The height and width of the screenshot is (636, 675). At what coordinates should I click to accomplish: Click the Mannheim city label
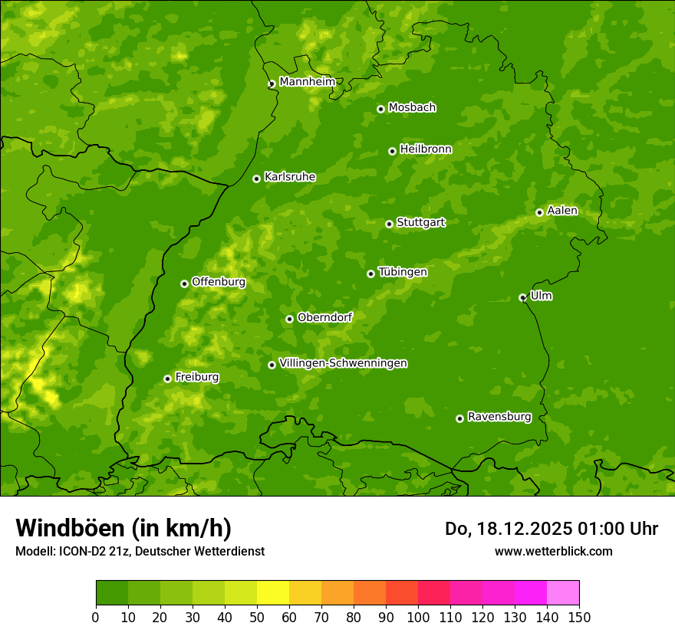[308, 82]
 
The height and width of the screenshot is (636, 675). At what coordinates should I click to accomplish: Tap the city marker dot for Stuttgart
[389, 224]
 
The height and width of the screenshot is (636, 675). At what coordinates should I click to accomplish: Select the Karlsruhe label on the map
[290, 177]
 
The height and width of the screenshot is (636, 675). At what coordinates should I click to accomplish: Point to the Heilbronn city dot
[392, 151]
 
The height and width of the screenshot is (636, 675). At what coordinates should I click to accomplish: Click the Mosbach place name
[412, 108]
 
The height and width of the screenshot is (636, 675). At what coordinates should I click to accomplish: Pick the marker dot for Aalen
[539, 212]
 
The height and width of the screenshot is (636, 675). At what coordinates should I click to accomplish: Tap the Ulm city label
[541, 296]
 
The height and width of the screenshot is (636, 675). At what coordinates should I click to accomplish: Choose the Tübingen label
[403, 272]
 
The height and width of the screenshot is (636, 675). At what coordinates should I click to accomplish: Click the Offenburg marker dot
[184, 284]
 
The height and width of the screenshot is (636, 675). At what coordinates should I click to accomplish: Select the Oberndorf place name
[324, 317]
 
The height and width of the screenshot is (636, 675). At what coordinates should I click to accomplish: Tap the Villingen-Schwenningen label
[343, 363]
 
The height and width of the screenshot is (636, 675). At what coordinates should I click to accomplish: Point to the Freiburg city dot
[167, 379]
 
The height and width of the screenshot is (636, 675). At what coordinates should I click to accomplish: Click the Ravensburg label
[499, 417]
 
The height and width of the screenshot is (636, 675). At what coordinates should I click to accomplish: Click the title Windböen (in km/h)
[123, 528]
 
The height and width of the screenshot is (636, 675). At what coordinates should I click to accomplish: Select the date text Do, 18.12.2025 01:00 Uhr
[551, 529]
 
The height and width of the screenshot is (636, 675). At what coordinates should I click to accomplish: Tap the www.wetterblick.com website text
[553, 551]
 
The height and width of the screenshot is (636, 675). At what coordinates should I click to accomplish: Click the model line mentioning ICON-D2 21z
[140, 551]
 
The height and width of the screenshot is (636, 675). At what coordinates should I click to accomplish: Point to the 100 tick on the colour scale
[418, 616]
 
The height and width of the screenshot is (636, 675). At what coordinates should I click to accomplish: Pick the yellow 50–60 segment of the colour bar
[273, 592]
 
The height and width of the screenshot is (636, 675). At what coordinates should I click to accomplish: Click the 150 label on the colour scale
[579, 616]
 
